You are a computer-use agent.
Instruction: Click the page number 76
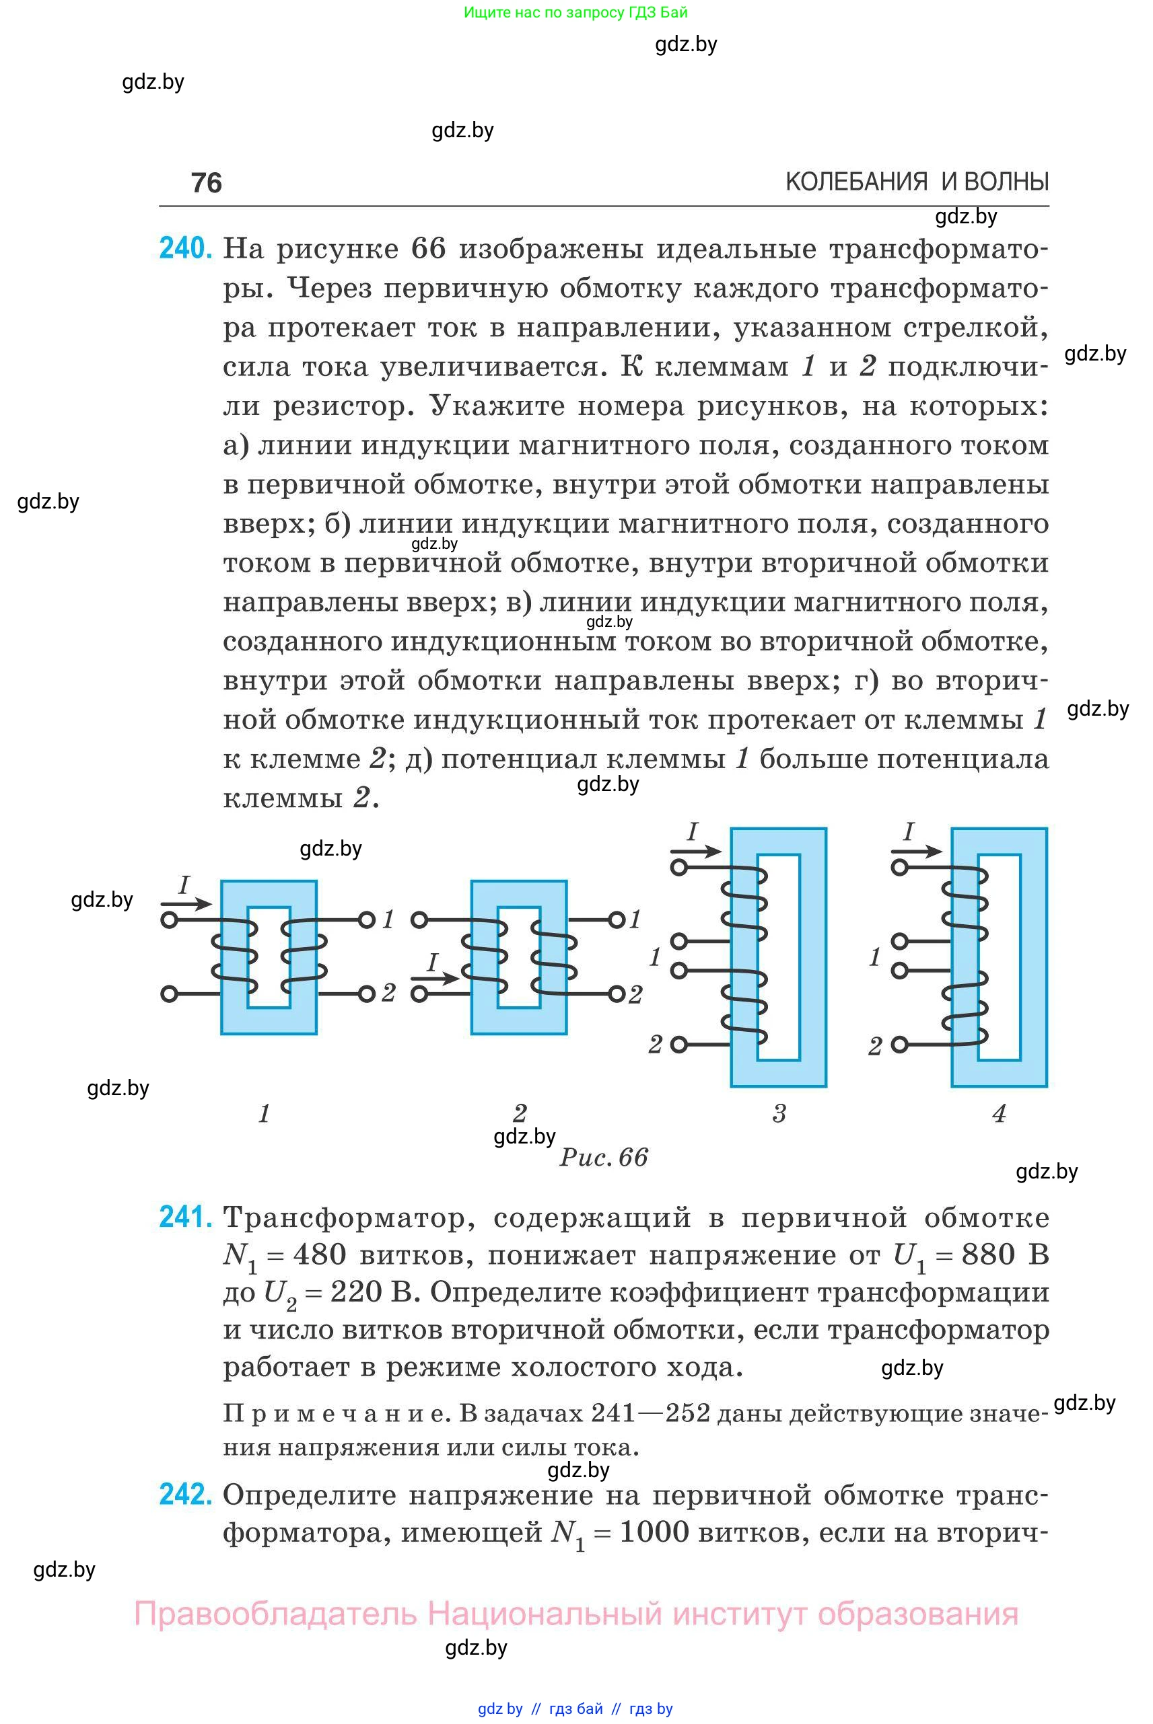coord(206,182)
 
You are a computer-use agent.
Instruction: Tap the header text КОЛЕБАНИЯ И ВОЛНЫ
coord(916,182)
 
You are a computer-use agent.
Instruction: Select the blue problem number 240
coord(185,248)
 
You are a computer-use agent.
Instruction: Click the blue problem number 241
coord(185,1217)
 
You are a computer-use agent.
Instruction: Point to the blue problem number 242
coord(185,1494)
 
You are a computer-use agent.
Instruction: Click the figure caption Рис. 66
coord(604,1158)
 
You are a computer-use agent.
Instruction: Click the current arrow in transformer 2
coord(435,978)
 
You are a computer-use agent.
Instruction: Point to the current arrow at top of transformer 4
coord(916,852)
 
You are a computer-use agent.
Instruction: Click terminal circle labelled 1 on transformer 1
coord(366,920)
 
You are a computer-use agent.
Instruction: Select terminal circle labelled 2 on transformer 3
coord(678,1043)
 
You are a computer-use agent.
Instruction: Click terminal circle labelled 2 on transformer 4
coord(899,1044)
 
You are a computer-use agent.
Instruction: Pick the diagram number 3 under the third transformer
coord(779,1113)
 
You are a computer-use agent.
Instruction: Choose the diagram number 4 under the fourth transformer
coord(999,1113)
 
